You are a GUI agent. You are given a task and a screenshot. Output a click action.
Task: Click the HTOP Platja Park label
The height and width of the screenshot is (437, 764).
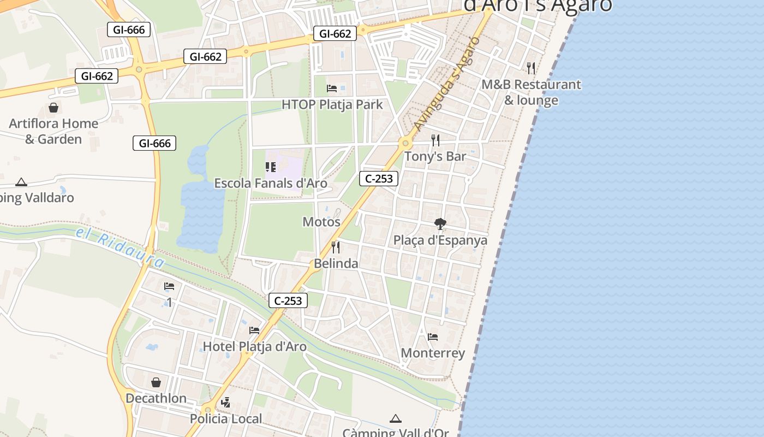click(332, 104)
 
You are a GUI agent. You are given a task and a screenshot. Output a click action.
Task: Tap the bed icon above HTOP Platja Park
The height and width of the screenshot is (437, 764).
click(332, 88)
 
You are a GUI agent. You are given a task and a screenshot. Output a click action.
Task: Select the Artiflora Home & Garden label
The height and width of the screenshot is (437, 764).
click(53, 131)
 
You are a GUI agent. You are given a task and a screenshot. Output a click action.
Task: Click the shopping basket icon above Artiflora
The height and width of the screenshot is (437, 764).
click(53, 108)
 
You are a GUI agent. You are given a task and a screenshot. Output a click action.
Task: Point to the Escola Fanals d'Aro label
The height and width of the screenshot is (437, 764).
click(271, 183)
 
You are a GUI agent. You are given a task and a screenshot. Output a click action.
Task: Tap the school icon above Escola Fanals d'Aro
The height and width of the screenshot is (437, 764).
click(271, 167)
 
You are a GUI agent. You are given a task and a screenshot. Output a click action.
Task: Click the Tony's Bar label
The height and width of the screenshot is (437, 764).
click(435, 156)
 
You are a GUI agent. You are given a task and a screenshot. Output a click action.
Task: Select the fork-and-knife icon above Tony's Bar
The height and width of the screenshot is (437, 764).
click(435, 140)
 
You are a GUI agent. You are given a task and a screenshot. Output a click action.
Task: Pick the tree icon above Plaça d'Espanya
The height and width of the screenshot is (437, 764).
click(440, 224)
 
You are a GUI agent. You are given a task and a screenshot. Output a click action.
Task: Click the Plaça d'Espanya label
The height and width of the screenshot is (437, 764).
click(440, 240)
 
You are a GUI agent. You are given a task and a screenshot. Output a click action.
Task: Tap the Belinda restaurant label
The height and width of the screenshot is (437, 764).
click(336, 263)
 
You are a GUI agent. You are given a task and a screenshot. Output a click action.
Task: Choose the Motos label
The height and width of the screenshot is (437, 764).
click(321, 222)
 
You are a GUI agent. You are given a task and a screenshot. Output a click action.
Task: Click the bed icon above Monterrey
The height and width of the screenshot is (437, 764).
click(433, 337)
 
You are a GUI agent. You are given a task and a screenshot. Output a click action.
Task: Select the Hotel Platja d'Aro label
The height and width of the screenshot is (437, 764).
click(254, 346)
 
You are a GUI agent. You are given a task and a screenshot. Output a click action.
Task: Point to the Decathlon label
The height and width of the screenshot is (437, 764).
click(156, 398)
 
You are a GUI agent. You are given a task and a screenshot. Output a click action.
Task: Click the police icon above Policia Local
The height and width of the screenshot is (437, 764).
click(225, 403)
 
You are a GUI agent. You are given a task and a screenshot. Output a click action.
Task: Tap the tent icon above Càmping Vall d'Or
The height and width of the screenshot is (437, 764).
click(396, 419)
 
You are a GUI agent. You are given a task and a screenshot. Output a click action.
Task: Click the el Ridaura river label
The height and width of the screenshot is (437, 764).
click(120, 247)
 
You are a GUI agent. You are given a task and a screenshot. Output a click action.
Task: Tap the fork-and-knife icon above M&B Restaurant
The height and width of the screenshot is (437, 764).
click(531, 68)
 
